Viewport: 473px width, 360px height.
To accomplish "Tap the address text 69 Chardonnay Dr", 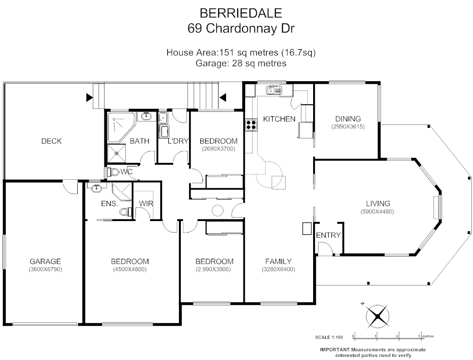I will tap(241, 28).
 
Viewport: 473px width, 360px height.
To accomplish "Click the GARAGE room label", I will tap(45, 261).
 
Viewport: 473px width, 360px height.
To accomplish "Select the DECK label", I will tap(52, 141).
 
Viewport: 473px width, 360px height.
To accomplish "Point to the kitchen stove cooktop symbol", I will tap(251, 125).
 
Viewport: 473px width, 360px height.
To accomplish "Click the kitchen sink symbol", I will tap(274, 91).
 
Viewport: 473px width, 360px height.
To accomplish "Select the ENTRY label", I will tap(328, 235).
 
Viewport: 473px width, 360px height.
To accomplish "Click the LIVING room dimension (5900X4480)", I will tap(377, 212).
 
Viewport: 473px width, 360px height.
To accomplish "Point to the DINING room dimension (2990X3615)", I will tap(348, 127).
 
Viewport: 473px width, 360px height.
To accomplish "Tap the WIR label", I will tap(146, 203).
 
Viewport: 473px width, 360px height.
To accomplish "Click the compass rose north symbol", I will tap(377, 316).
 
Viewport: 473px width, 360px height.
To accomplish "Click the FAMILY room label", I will tap(278, 261).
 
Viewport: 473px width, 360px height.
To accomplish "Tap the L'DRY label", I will tap(178, 141).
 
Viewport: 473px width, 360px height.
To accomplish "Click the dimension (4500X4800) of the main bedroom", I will tap(130, 269).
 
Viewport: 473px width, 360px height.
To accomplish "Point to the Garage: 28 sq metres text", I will tap(241, 63).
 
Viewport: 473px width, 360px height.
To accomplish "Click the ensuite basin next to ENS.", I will tap(96, 189).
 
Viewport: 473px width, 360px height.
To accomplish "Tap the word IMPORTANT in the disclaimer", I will tap(335, 350).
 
